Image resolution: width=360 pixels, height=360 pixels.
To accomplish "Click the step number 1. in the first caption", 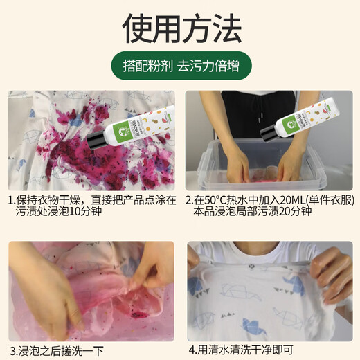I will tap(12, 201).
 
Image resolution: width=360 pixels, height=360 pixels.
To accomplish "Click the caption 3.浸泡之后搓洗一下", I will tap(57, 349).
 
